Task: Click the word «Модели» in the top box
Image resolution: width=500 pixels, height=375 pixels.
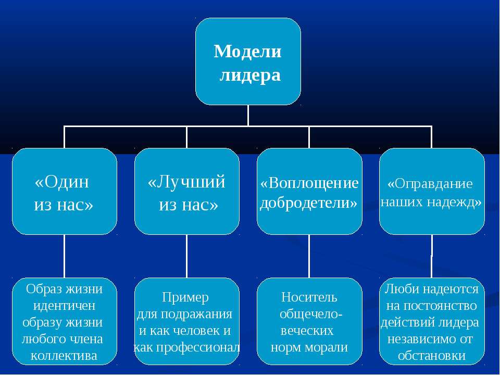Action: tap(247, 52)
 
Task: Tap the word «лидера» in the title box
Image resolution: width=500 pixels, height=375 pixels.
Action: tap(251, 76)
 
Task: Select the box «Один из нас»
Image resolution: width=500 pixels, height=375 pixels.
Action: tap(65, 191)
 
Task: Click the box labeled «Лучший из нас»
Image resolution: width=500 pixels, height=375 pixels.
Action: tap(187, 191)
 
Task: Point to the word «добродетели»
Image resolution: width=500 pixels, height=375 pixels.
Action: tap(308, 203)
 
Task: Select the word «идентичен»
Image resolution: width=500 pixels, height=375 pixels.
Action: tap(65, 306)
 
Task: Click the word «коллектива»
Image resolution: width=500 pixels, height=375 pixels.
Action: tap(64, 355)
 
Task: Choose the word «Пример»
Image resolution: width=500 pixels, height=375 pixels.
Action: tap(185, 297)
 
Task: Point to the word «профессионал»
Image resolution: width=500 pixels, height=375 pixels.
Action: tap(194, 347)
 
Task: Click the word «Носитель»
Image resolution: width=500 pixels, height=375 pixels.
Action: tap(309, 297)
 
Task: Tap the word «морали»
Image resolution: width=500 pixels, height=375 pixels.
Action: tap(329, 347)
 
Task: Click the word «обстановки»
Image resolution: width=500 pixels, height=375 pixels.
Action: tap(432, 355)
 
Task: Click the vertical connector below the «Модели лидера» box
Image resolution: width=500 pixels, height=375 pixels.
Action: tap(248, 116)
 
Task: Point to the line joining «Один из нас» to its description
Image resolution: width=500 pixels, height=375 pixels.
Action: tap(65, 256)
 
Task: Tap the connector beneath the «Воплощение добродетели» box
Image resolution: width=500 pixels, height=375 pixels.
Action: tap(309, 256)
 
